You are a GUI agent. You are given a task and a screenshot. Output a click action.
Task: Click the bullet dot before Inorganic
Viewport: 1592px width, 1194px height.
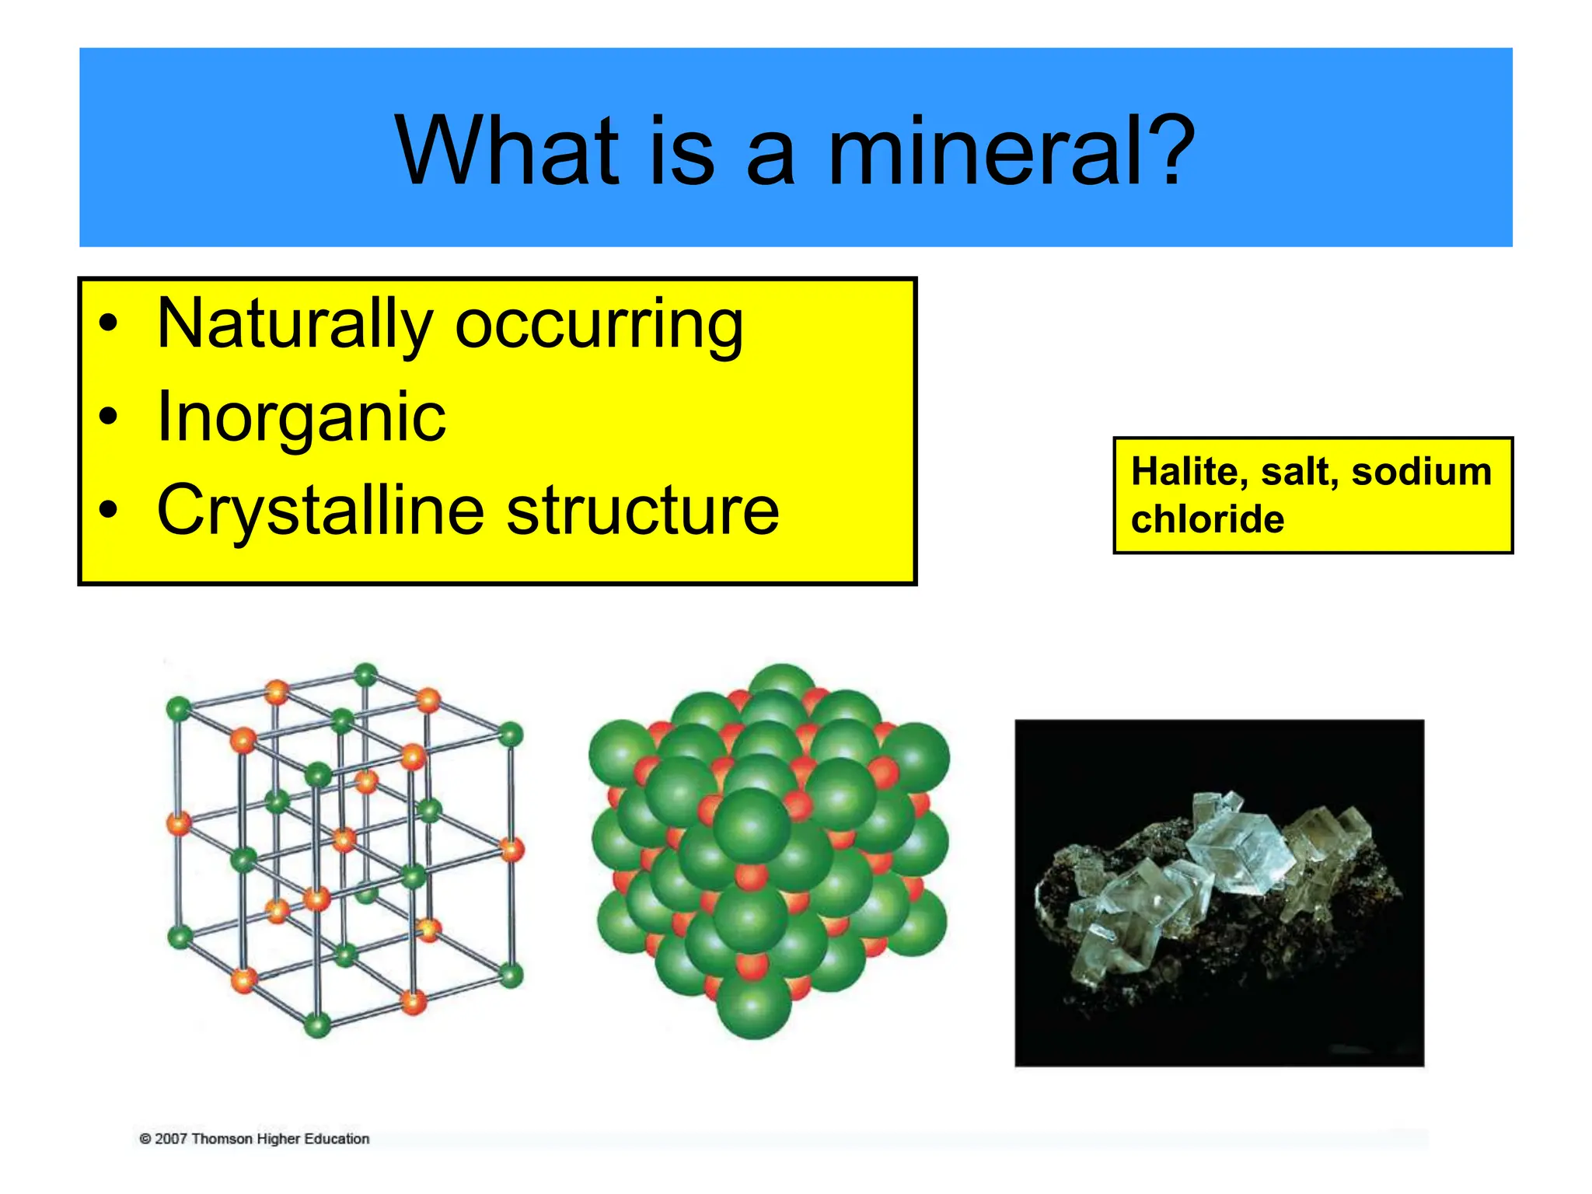coord(109,417)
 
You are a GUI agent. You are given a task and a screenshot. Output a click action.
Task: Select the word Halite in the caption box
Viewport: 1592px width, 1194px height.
coord(1188,472)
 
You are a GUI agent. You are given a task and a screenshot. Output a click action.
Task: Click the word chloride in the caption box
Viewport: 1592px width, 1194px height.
coord(1206,519)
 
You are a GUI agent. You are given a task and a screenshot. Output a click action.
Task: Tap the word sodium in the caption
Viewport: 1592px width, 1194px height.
coord(1421,472)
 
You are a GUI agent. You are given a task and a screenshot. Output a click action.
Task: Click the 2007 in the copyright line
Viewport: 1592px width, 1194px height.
coord(171,1139)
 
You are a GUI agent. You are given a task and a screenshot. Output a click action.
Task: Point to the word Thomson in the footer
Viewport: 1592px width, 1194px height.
coord(222,1139)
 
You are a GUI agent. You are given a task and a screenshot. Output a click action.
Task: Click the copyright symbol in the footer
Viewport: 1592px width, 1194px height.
coord(145,1139)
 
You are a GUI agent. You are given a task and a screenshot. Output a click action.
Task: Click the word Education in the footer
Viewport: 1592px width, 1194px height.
coord(336,1139)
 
